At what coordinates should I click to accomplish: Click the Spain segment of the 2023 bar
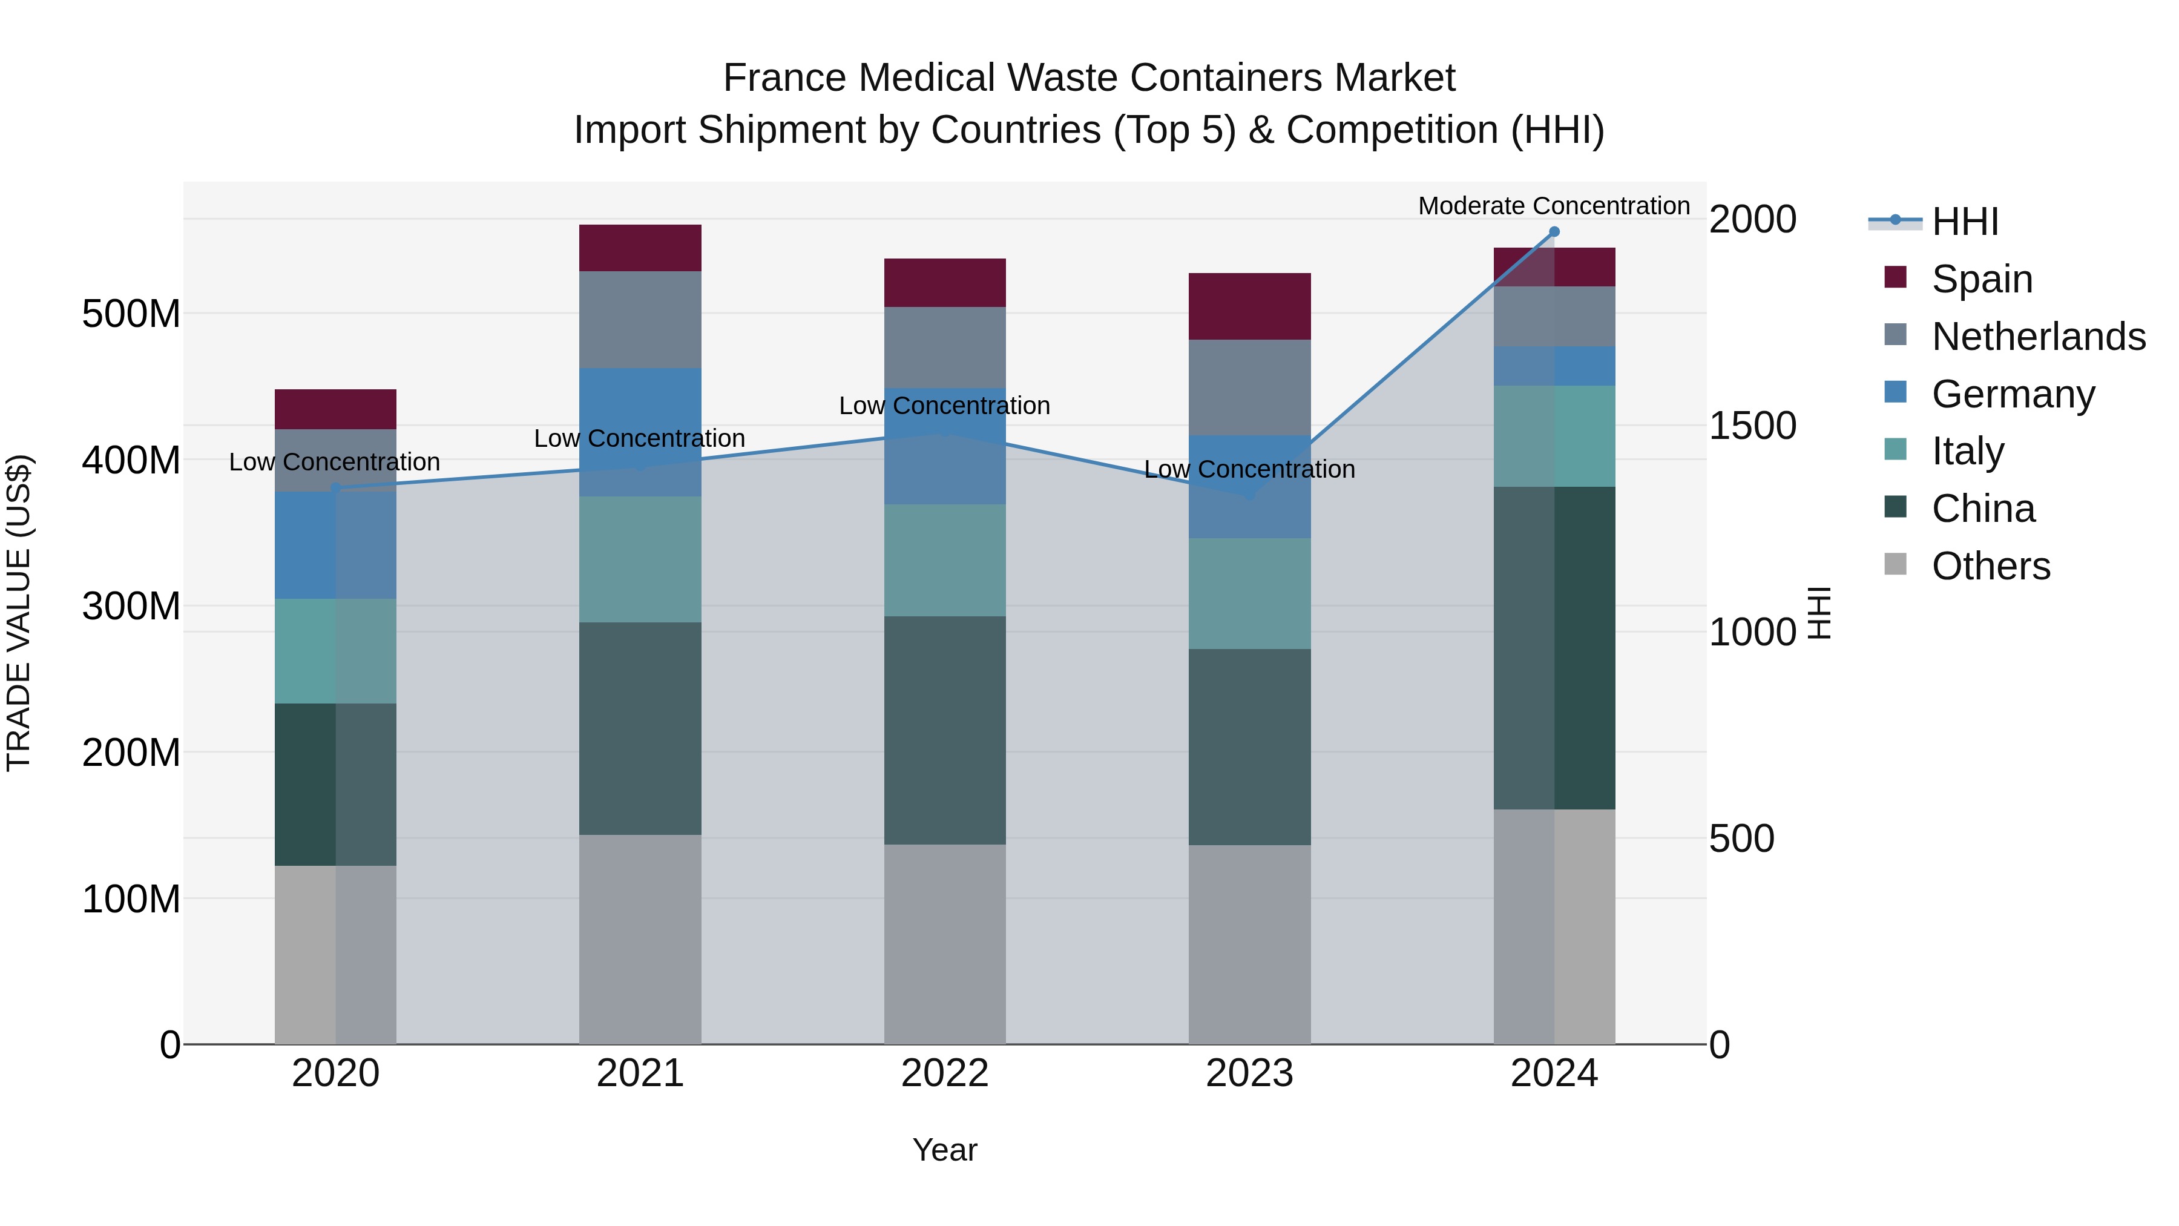click(x=1249, y=306)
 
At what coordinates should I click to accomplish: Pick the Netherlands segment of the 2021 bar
click(x=640, y=320)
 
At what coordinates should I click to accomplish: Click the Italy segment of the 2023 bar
click(x=1249, y=593)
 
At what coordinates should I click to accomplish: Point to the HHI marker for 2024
click(x=1554, y=232)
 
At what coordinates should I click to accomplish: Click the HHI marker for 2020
click(x=335, y=488)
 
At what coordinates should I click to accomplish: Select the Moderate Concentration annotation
click(x=1553, y=206)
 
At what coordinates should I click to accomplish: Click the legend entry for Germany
click(x=2013, y=394)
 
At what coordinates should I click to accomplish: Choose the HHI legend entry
click(x=1964, y=222)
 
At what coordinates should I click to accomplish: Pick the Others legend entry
click(x=1990, y=566)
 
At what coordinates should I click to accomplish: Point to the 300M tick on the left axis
click(x=131, y=607)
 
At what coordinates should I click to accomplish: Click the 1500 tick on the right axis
click(x=1752, y=426)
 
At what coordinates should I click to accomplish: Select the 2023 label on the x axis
click(x=1249, y=1073)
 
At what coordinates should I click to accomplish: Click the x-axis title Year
click(x=944, y=1150)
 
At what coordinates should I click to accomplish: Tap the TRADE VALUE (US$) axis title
click(x=19, y=613)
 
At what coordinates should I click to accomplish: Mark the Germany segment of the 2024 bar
click(x=1554, y=366)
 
